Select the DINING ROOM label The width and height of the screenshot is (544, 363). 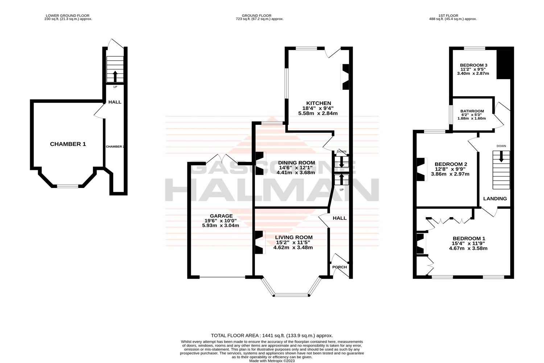[296, 163]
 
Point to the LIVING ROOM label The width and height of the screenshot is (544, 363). [293, 237]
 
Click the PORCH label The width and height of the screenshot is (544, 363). [339, 267]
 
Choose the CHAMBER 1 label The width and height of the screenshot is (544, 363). [68, 144]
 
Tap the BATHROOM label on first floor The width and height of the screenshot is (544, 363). [472, 111]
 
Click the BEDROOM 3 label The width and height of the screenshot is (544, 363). [474, 65]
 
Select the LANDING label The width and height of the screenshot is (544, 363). [495, 199]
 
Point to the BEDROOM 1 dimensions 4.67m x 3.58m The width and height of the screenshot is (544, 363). [468, 249]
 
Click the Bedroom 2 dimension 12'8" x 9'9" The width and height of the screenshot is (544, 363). [450, 169]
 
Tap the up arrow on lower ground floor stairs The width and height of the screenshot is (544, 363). [115, 76]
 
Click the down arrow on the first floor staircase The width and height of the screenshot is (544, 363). [501, 157]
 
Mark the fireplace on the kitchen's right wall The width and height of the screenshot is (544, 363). [345, 77]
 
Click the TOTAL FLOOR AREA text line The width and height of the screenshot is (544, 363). [272, 336]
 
